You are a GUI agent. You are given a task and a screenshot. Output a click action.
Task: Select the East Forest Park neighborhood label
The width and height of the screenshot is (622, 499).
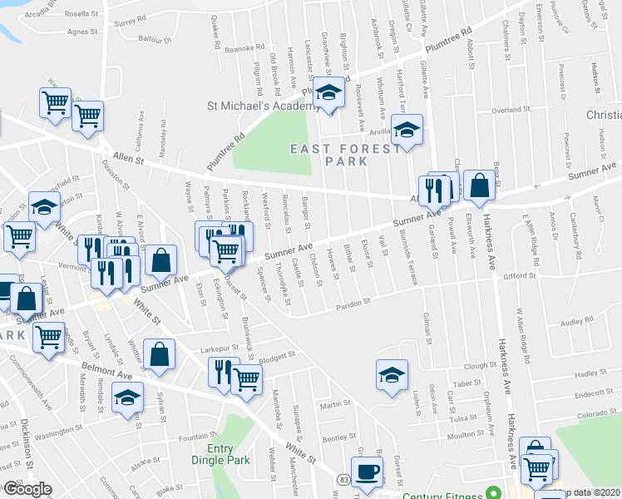(x=328, y=154)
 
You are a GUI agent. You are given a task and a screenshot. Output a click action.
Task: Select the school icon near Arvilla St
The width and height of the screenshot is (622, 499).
(x=407, y=131)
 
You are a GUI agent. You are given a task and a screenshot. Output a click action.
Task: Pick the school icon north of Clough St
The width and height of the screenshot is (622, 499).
(x=392, y=375)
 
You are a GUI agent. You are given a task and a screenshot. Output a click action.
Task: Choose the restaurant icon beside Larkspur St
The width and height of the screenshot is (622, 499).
(x=222, y=371)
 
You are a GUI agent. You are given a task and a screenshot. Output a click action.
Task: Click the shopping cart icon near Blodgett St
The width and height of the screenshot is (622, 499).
(x=246, y=379)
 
